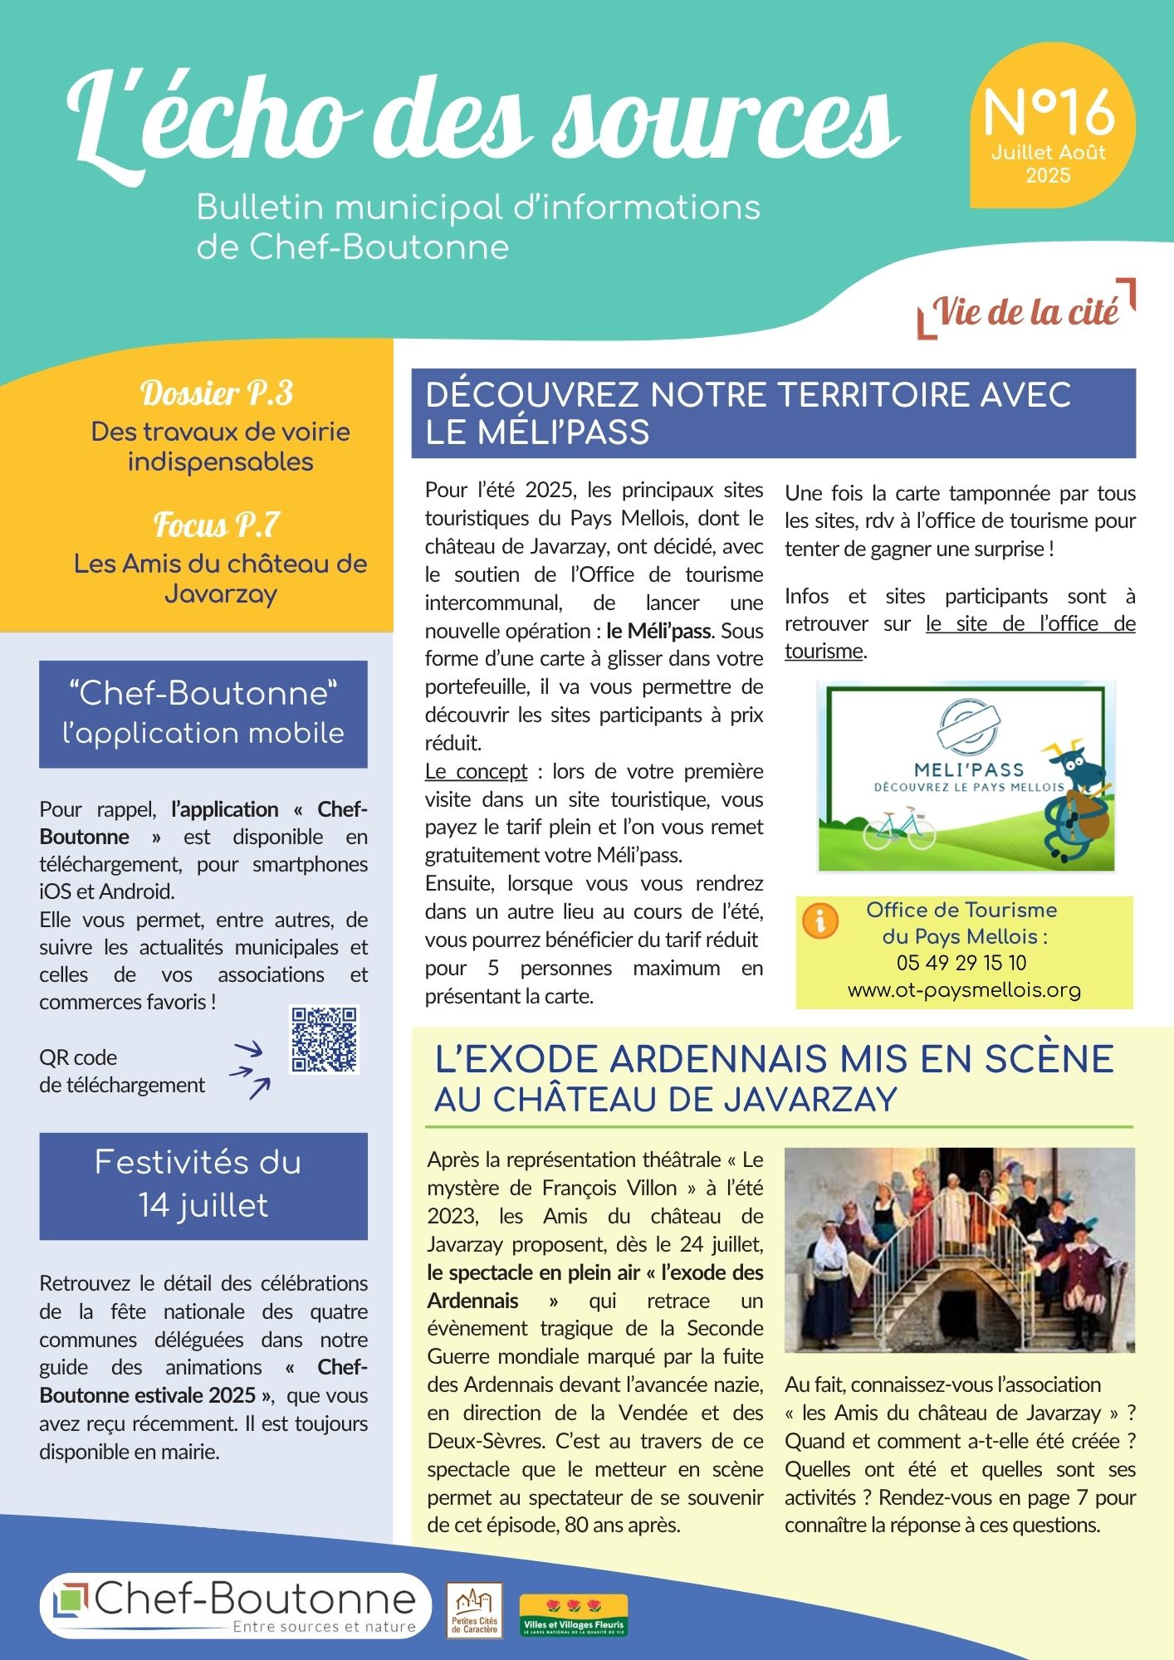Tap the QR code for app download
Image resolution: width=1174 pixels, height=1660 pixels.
[x=324, y=1039]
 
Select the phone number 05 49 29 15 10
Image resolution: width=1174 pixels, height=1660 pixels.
[x=961, y=963]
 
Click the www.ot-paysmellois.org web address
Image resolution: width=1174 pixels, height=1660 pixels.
[x=964, y=990]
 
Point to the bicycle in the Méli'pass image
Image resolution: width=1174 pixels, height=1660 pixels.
[x=898, y=830]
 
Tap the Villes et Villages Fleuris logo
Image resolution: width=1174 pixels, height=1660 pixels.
[x=574, y=1616]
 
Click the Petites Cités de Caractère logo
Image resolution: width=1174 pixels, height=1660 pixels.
[x=475, y=1610]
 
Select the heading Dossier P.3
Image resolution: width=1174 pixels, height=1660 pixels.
[x=217, y=393]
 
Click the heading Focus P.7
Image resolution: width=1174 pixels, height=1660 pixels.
[x=217, y=525]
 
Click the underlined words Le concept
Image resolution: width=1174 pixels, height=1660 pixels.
[x=476, y=771]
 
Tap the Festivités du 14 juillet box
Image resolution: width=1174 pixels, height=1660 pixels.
[x=203, y=1185]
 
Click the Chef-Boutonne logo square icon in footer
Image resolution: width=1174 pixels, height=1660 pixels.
[x=71, y=1601]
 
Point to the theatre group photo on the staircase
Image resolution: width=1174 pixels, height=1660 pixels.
[x=959, y=1249]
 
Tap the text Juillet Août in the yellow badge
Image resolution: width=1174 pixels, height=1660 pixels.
[x=1048, y=153]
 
